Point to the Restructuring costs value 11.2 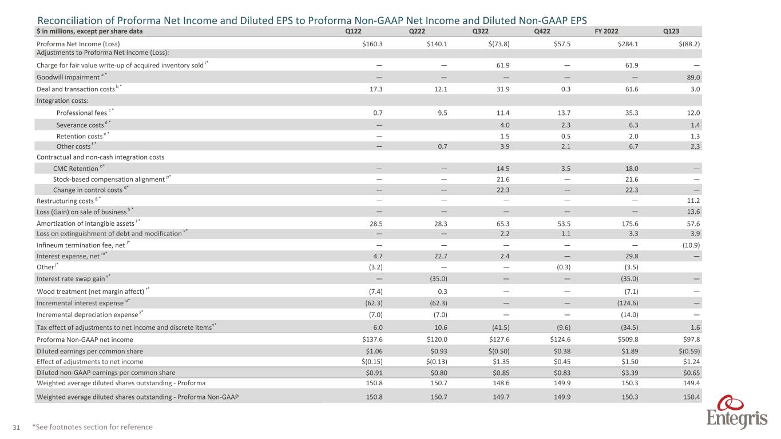tap(694, 201)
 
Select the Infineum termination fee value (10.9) tap(691, 245)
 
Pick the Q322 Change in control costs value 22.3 tap(488, 189)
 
